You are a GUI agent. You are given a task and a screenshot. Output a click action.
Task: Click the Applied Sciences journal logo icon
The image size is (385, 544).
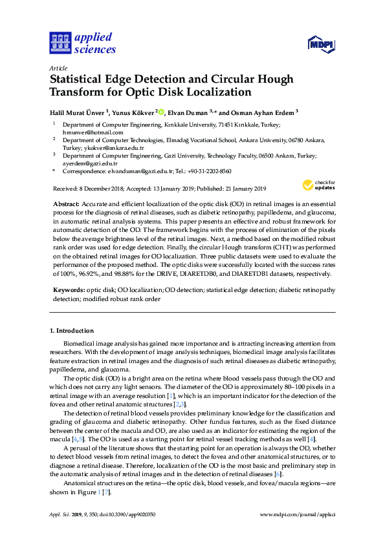[60, 43]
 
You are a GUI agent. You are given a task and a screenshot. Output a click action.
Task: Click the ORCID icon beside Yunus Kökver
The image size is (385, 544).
[162, 111]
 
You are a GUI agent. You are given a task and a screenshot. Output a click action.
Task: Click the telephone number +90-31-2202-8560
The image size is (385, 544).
[208, 171]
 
